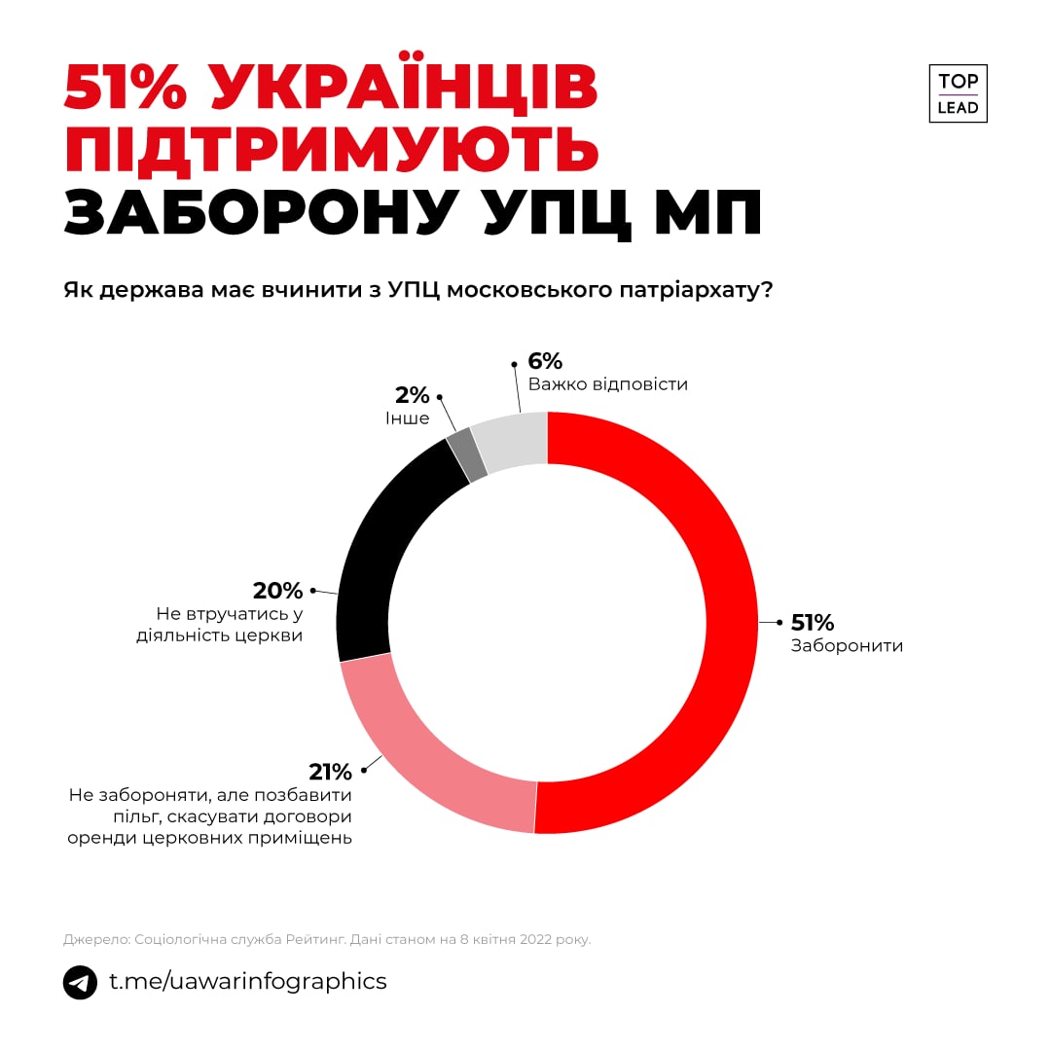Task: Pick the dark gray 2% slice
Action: pyautogui.click(x=467, y=455)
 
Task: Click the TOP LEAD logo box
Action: pyautogui.click(x=958, y=94)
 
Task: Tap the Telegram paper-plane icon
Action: pyautogui.click(x=80, y=982)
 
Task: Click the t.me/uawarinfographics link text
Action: pyautogui.click(x=247, y=981)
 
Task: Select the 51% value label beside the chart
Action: pyautogui.click(x=812, y=623)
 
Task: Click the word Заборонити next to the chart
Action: pyautogui.click(x=847, y=646)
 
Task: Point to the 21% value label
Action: pyautogui.click(x=330, y=772)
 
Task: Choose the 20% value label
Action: pyautogui.click(x=277, y=591)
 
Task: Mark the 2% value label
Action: pyautogui.click(x=412, y=395)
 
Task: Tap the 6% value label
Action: pyautogui.click(x=545, y=360)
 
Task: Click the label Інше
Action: pyautogui.click(x=407, y=418)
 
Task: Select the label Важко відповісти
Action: pyautogui.click(x=607, y=384)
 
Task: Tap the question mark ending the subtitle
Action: pyautogui.click(x=766, y=290)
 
